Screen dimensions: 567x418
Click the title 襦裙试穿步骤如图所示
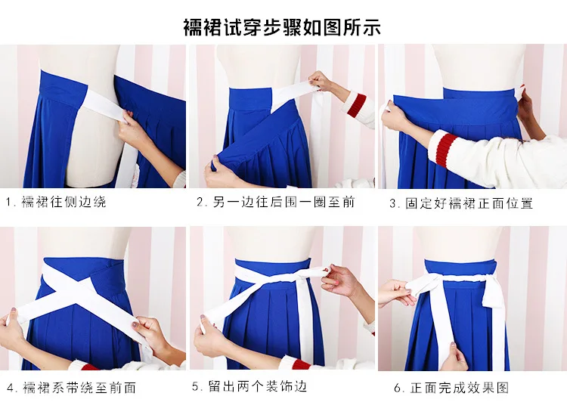[x=282, y=27]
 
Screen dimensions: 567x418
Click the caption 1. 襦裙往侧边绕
[x=57, y=202]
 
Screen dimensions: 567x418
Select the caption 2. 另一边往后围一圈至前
[x=276, y=202]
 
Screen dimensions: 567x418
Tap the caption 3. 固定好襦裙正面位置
[x=461, y=203]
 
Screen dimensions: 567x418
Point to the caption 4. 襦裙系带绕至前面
[x=72, y=388]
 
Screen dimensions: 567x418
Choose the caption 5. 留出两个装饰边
[x=250, y=386]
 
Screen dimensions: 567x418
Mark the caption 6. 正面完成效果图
[x=451, y=388]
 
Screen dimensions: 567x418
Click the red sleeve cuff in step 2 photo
[x=357, y=105]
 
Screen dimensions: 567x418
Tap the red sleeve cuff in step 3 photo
[x=445, y=148]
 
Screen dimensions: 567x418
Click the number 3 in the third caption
[x=392, y=204]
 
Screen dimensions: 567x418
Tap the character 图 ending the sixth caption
[x=503, y=388]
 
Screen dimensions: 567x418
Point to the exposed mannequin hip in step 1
[x=94, y=152]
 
